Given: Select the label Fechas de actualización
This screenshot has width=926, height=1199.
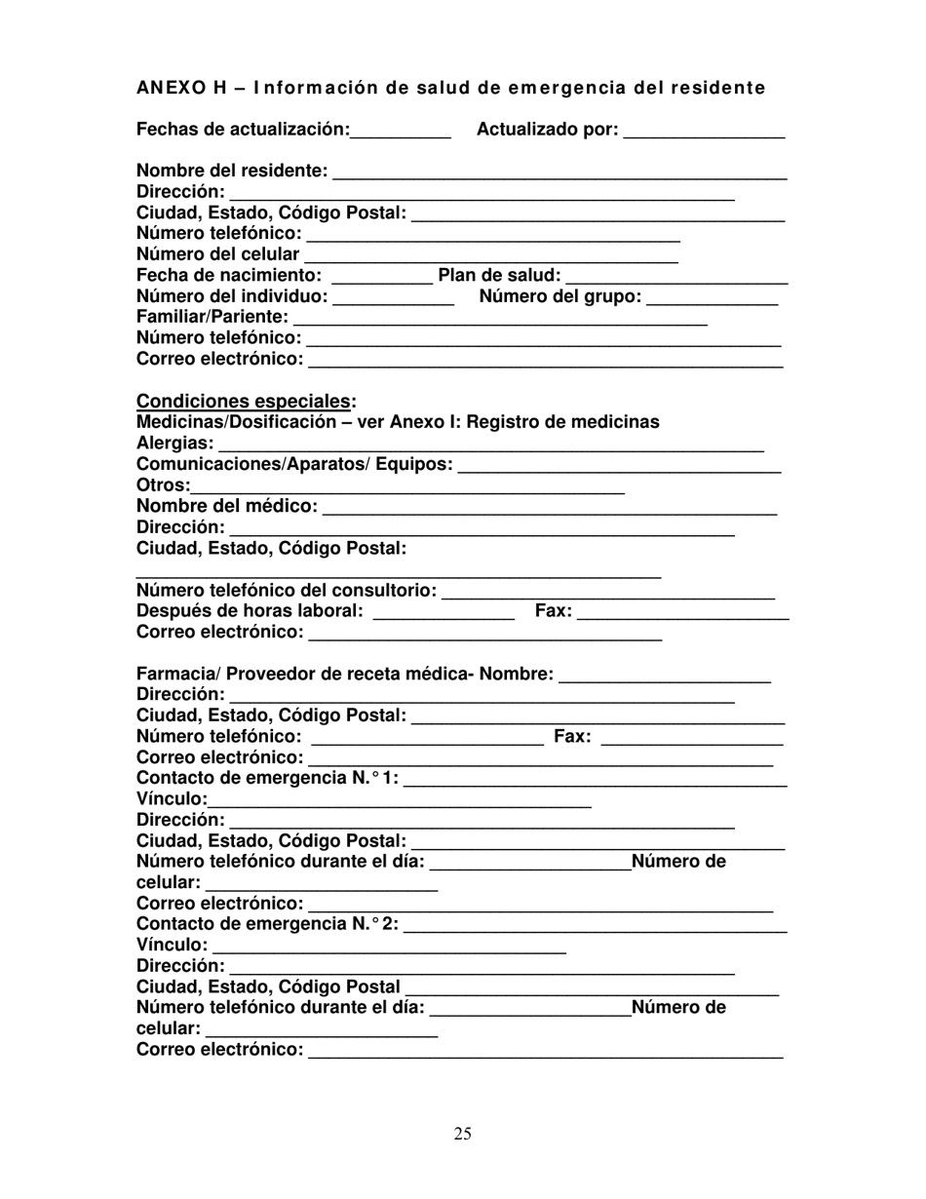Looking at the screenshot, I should pos(243,129).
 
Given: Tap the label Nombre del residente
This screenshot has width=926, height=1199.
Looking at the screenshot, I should pos(232,171).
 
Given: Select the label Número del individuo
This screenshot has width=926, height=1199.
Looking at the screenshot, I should pos(232,296).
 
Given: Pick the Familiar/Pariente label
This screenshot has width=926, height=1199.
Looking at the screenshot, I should pos(212,318).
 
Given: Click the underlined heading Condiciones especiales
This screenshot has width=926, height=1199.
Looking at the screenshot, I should pos(245,401).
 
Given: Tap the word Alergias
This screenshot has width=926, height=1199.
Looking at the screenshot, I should pos(175,444).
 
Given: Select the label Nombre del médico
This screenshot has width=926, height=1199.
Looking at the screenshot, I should pos(227,506).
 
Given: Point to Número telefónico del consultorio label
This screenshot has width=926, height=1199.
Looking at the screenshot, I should pos(287,591).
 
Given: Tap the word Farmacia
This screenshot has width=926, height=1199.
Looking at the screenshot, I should pos(176,675).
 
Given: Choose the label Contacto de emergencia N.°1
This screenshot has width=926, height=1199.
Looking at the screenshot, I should pos(268,778).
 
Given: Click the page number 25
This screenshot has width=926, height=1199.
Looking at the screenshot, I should pos(463,1133).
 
